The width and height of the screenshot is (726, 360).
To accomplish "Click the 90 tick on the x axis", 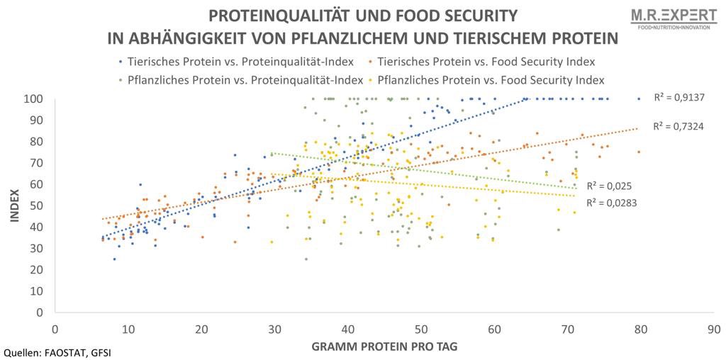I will click(714, 329).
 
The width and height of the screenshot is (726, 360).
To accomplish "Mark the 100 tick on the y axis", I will click(38, 99).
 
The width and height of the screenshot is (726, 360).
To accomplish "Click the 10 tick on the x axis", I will click(128, 329).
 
